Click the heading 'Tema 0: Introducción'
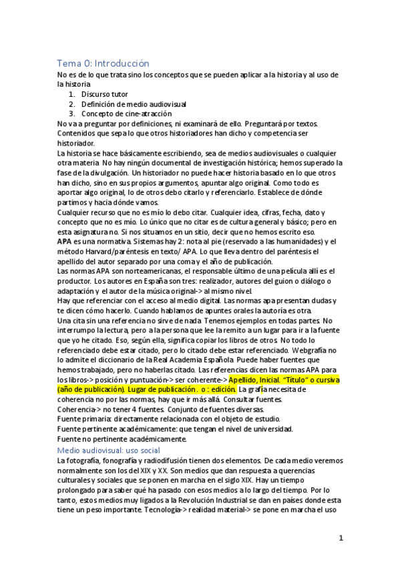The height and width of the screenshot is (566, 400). coord(103,63)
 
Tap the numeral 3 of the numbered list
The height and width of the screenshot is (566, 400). coord(71,113)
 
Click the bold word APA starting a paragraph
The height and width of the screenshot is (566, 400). coord(65,241)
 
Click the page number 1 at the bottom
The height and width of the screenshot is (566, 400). coord(341,539)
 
